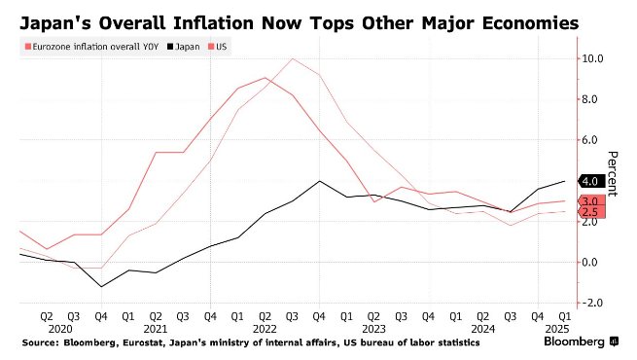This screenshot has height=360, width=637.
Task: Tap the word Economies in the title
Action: click(x=531, y=23)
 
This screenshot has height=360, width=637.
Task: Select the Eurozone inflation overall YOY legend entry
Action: click(x=91, y=47)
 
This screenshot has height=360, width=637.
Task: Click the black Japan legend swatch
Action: click(x=170, y=47)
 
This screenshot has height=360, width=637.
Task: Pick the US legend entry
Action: click(x=217, y=47)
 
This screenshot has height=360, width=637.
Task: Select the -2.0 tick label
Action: click(x=592, y=304)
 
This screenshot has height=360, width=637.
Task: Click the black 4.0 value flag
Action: click(x=591, y=181)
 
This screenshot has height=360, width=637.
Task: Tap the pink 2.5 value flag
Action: click(x=591, y=212)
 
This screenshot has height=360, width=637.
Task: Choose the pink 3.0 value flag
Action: click(x=591, y=201)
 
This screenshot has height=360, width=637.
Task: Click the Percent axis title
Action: click(x=613, y=173)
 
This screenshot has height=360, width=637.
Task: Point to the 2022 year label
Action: click(x=265, y=329)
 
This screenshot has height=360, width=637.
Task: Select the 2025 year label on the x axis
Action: click(x=557, y=329)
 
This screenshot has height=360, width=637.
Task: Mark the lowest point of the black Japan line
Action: click(x=101, y=286)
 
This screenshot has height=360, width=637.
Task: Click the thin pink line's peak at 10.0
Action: click(x=292, y=59)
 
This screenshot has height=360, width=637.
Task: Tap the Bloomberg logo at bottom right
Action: click(x=581, y=342)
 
